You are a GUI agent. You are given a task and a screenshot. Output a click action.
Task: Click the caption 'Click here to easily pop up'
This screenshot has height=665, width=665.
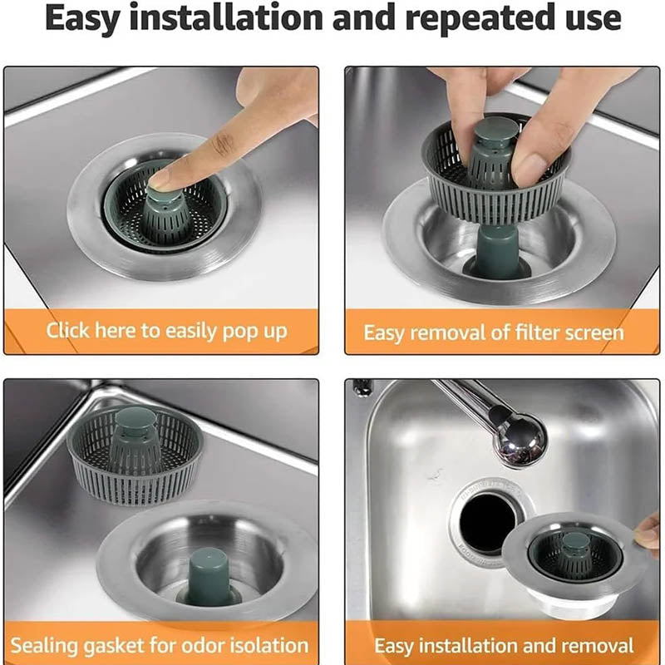click(166, 331)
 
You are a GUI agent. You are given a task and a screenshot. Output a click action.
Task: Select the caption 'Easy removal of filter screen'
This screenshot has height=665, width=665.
click(493, 333)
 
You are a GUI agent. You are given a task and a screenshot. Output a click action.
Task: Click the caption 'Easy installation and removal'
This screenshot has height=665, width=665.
click(504, 646)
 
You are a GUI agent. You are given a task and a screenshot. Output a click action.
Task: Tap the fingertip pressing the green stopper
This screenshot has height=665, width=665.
click(162, 175)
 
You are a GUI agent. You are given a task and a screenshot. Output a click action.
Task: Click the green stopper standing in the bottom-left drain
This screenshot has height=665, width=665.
click(208, 574)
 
